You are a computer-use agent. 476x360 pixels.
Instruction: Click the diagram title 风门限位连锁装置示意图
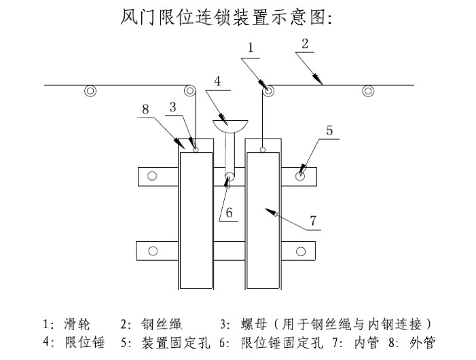[x=226, y=16]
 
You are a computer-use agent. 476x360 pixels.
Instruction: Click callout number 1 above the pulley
[x=251, y=48]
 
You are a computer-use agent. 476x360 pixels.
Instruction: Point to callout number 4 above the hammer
[x=217, y=80]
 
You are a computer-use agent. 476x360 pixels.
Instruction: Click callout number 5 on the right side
[x=329, y=131]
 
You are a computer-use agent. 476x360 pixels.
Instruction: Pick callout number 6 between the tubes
[x=229, y=213]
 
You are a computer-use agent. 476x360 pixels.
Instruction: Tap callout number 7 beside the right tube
[x=313, y=221]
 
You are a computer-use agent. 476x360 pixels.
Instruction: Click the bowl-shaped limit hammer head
[x=231, y=126]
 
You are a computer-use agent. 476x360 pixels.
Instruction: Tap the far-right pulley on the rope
[x=367, y=91]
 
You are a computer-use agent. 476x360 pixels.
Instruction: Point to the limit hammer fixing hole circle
[x=230, y=177]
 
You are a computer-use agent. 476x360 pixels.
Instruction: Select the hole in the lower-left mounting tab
[x=153, y=251]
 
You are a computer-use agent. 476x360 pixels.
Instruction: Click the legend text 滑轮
[x=76, y=324]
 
